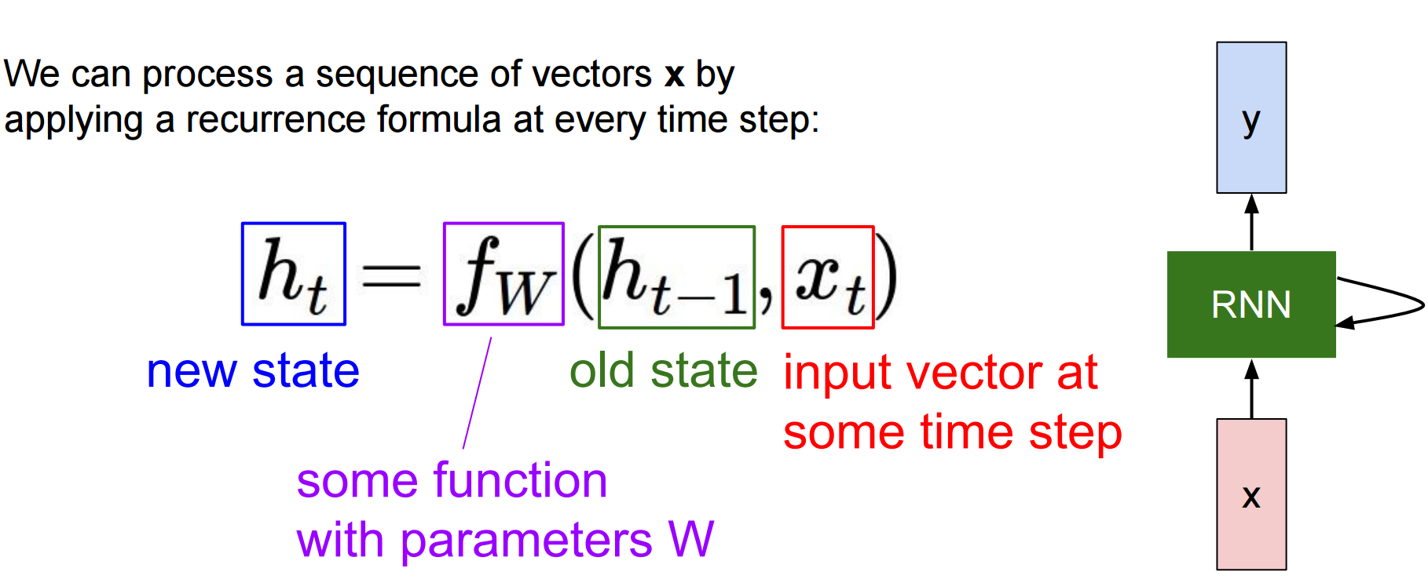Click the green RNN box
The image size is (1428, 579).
(x=1251, y=304)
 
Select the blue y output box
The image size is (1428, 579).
(x=1251, y=118)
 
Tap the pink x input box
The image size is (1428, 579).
(x=1251, y=494)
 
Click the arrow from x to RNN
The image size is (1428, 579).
(x=1252, y=388)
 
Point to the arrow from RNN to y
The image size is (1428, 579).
(x=1252, y=222)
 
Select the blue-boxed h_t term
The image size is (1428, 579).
(x=294, y=274)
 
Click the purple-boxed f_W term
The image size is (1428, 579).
(x=503, y=274)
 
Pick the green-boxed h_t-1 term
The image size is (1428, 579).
(x=676, y=277)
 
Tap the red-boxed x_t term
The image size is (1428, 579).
(x=828, y=277)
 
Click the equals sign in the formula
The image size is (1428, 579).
(x=391, y=275)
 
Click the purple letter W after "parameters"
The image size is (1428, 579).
(x=691, y=540)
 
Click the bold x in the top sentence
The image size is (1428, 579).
(x=674, y=75)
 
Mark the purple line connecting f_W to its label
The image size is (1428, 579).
(x=478, y=393)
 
